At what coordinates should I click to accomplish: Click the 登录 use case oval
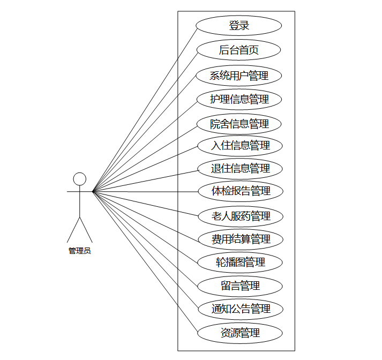coord(239,25)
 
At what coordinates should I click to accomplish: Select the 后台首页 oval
coord(239,50)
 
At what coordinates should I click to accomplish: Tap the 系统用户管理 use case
coord(239,76)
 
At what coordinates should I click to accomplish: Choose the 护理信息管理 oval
coord(239,99)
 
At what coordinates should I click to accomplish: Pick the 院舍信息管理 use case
coord(239,124)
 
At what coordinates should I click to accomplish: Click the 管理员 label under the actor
coord(80,251)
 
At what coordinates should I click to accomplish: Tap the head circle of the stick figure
coord(80,179)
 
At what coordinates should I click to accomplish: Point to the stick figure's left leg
coord(73,230)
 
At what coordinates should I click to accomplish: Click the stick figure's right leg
coord(86,230)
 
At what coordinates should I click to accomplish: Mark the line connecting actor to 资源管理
coord(145,262)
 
